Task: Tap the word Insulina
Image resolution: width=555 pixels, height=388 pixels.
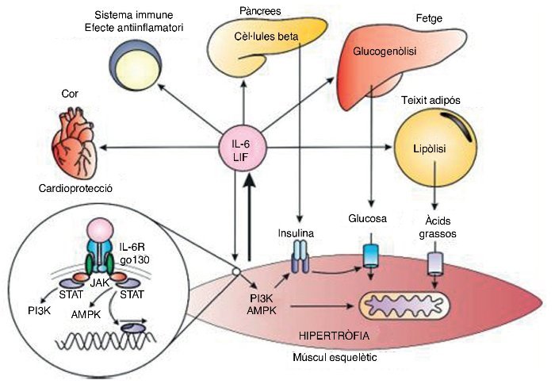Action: pos(297,234)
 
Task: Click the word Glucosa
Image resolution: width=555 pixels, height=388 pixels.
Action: pos(366,217)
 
